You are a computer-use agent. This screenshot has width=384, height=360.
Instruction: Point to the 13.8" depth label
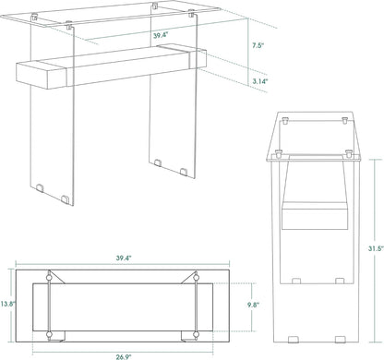(x=6, y=303)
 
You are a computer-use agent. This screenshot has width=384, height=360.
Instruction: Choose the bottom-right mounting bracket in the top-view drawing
(x=196, y=330)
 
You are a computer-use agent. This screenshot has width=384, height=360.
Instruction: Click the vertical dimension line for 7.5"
(x=243, y=43)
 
